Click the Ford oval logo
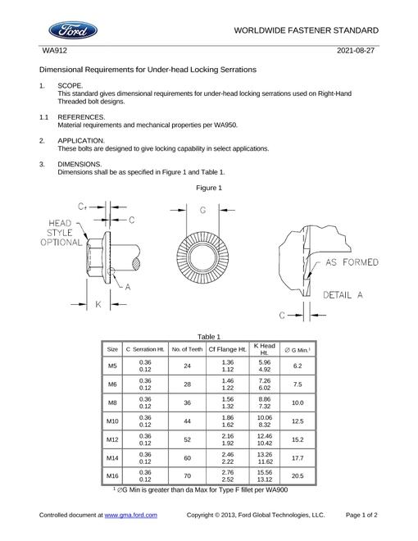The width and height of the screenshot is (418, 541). point(73,30)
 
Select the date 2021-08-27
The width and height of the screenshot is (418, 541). point(355,51)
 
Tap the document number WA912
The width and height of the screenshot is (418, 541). point(54,51)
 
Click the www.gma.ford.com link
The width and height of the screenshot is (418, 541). point(130,515)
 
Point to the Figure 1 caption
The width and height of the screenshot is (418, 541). point(209,188)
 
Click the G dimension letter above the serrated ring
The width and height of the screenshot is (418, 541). point(202,210)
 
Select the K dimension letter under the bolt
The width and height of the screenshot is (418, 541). point(98,304)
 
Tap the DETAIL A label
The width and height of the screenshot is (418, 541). point(343,295)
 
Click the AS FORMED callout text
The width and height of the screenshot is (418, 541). point(352,262)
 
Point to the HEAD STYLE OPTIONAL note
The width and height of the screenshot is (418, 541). point(61,233)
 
